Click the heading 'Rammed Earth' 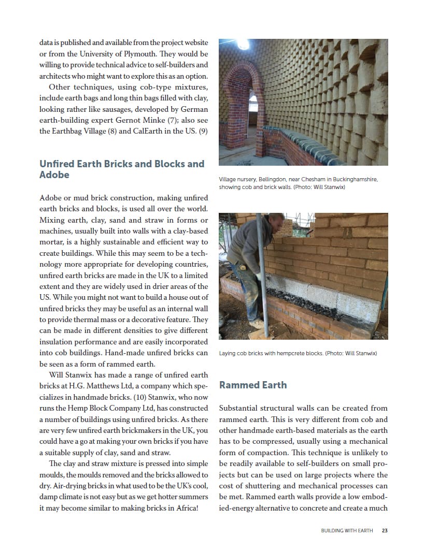(x=252, y=385)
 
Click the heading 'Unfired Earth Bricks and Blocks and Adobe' (x=122, y=169)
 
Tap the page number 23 (x=385, y=530)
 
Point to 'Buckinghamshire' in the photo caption (x=351, y=180)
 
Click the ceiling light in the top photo (x=243, y=44)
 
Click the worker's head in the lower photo (x=270, y=222)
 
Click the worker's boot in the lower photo (x=257, y=324)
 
